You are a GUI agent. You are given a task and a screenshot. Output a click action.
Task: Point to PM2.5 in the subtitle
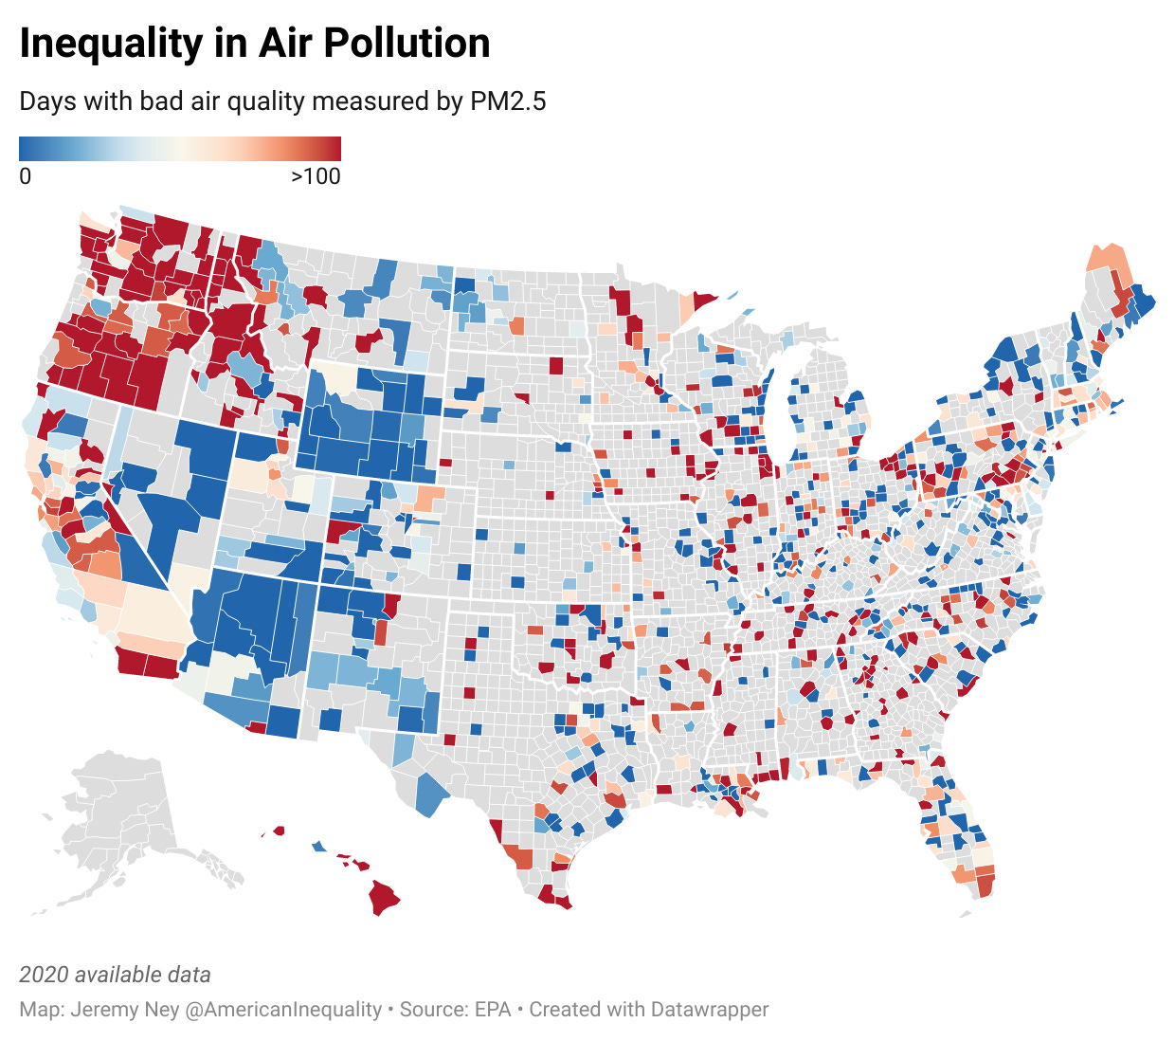[508, 101]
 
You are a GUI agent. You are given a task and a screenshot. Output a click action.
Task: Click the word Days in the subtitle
[48, 101]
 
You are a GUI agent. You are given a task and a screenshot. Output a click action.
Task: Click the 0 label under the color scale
[26, 176]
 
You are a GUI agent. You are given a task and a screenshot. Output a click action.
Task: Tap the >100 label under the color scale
[316, 176]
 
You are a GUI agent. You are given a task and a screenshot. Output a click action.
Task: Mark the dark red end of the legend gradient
[332, 149]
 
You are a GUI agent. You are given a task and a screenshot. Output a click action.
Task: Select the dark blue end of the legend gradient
[28, 149]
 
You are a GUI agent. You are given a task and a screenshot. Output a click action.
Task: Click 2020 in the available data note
[44, 975]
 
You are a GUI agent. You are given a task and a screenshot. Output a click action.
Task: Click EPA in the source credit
[493, 1010]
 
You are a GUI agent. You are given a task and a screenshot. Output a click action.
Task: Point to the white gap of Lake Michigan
[777, 398]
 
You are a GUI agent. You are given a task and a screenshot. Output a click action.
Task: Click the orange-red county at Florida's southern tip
[985, 886]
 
